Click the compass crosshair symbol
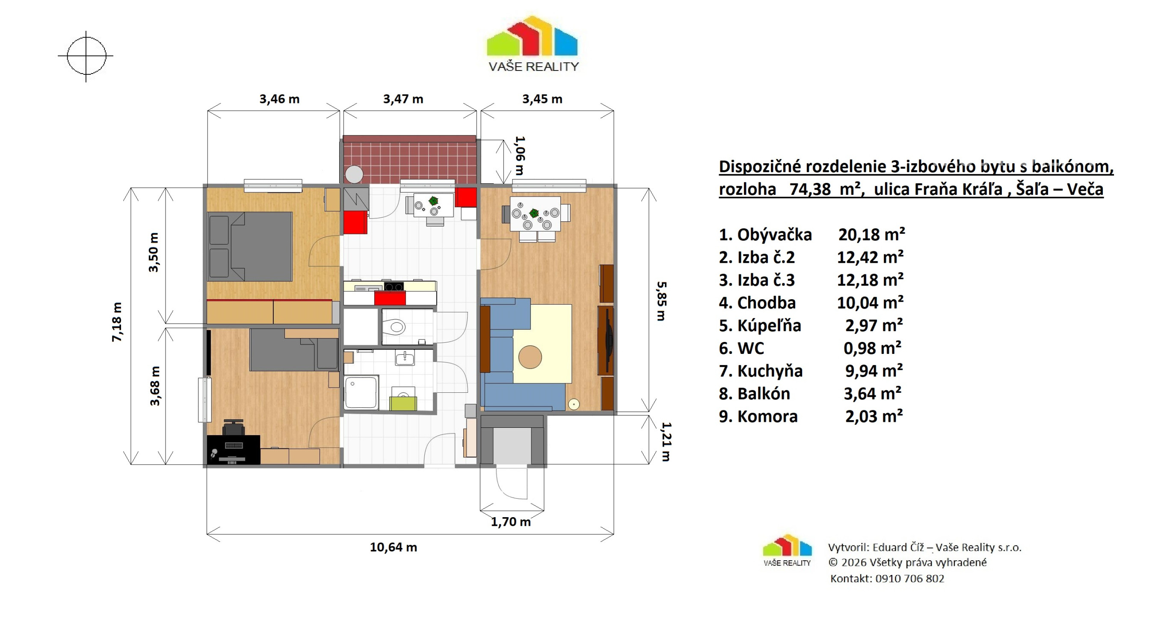click(x=86, y=56)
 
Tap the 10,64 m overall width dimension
click(x=394, y=547)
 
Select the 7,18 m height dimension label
click(x=117, y=322)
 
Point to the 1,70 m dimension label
click(x=511, y=522)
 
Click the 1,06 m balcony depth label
click(x=520, y=155)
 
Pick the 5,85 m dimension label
click(x=661, y=301)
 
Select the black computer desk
click(x=234, y=450)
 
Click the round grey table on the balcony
click(x=354, y=174)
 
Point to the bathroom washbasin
click(x=405, y=359)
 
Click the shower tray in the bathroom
click(x=361, y=392)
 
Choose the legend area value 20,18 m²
click(x=872, y=234)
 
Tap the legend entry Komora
click(x=758, y=416)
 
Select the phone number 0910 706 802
click(x=909, y=579)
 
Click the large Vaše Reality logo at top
click(x=532, y=44)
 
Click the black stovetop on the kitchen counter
click(x=394, y=286)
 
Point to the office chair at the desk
click(x=233, y=427)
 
